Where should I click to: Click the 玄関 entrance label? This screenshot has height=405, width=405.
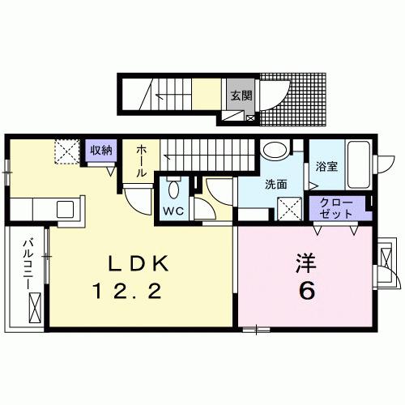coord(241,95)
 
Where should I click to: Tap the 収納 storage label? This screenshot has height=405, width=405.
coord(102,150)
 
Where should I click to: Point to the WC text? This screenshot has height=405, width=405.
coord(173,211)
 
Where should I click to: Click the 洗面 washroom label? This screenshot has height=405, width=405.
coord(276,185)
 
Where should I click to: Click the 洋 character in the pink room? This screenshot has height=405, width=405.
coord(305,263)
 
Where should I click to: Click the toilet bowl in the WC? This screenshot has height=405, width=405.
coord(173,191)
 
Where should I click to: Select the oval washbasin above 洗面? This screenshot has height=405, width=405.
coord(275,150)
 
